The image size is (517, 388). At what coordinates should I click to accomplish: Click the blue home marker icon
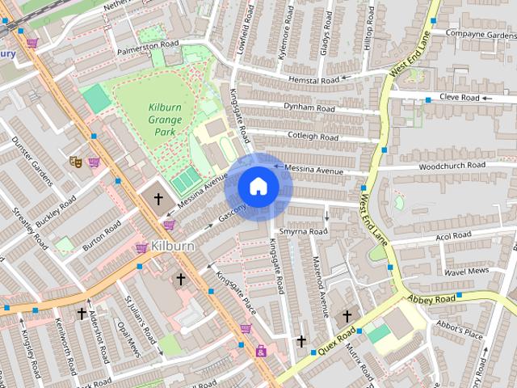click(258, 186)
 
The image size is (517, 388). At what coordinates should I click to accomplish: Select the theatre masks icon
click(76, 162)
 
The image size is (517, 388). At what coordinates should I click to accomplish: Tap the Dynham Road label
click(309, 108)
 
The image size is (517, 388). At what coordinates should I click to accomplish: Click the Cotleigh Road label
click(310, 137)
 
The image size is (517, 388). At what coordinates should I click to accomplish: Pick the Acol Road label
click(452, 236)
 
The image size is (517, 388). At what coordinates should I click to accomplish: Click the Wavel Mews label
click(467, 272)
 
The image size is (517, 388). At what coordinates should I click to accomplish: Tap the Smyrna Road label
click(305, 232)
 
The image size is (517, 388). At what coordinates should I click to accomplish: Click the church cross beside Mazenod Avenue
click(347, 315)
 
